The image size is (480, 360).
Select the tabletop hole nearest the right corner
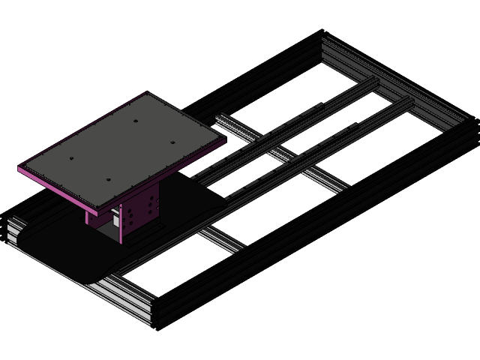171,141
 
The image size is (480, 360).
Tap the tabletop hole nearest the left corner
69,159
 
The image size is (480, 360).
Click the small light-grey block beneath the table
115,217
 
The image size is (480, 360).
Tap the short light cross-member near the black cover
221,238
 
